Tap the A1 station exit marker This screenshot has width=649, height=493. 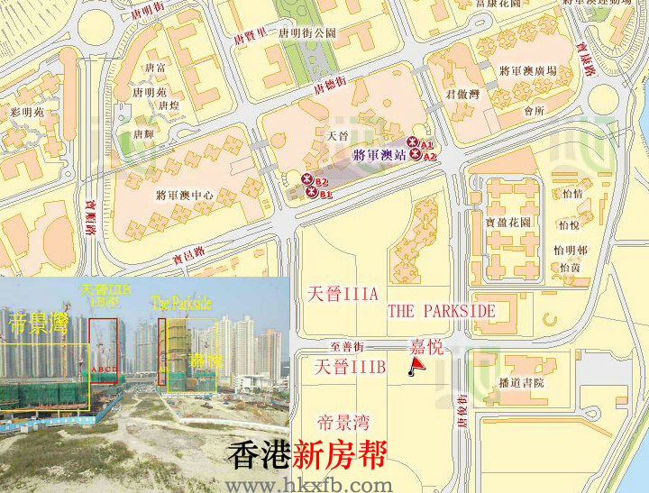(x=414, y=142)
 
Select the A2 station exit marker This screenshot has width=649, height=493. (x=416, y=155)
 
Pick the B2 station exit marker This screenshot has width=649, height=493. (x=308, y=180)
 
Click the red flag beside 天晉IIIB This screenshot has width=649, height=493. (x=415, y=365)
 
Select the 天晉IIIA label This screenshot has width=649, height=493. (x=342, y=294)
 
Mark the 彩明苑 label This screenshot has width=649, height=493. (x=27, y=113)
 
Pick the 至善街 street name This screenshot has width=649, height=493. (x=346, y=346)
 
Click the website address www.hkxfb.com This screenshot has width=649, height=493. (x=309, y=485)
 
